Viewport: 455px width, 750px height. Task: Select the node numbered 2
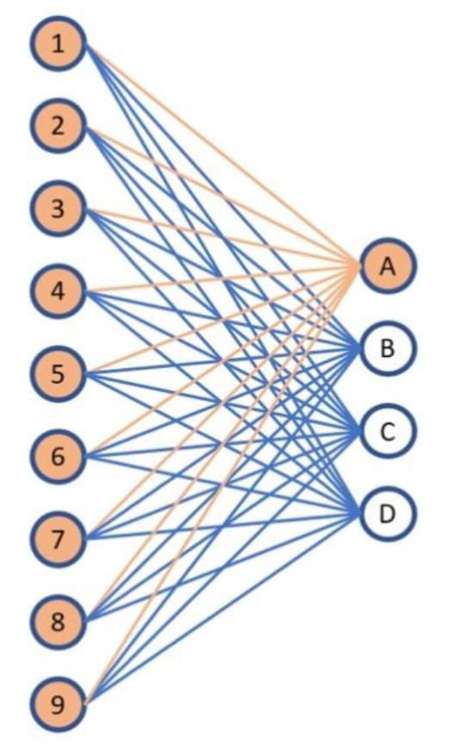point(59,126)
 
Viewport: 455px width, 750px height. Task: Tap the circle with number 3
point(59,209)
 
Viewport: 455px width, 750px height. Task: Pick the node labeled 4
point(59,291)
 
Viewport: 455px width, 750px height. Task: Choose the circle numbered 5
point(59,373)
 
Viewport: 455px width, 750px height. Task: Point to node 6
point(59,456)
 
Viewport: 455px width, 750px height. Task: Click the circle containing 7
point(59,539)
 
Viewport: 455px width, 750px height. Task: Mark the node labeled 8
point(59,622)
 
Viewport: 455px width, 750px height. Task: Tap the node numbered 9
point(59,704)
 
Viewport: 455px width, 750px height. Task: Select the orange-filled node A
point(388,266)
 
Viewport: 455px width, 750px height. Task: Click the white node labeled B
point(388,348)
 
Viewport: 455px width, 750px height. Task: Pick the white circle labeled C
point(388,431)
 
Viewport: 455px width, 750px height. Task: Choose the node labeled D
point(388,514)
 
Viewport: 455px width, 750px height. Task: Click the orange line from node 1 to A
point(222,154)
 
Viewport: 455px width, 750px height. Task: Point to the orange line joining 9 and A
point(222,485)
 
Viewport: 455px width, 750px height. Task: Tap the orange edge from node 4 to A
point(222,278)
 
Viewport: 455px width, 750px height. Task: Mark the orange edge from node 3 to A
point(222,237)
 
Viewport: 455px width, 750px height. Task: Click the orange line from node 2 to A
point(222,196)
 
